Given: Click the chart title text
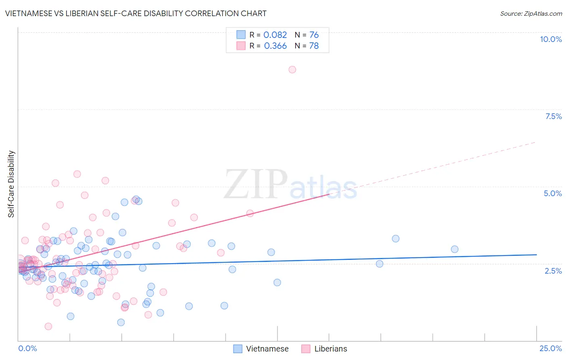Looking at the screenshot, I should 136,14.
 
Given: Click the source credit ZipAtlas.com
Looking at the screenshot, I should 531,14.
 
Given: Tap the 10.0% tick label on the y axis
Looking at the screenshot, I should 550,39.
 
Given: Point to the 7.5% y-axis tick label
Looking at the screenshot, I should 553,116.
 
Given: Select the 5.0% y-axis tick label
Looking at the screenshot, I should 552,193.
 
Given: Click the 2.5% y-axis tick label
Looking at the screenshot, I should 553,271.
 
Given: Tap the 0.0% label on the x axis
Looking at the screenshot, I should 27,348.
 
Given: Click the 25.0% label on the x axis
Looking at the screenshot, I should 550,348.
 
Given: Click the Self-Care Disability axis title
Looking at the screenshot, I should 11,184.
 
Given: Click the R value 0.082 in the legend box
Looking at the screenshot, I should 275,35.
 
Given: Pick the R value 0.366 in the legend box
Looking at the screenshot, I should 275,46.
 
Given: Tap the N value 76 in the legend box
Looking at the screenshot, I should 314,35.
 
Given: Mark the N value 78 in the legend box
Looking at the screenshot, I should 314,46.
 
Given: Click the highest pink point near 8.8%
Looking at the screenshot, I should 292,69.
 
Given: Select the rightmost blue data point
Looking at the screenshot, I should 454,249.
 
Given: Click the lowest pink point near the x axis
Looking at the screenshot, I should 48,326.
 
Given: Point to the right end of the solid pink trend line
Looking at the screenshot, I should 329,194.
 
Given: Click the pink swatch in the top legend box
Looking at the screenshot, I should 241,46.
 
